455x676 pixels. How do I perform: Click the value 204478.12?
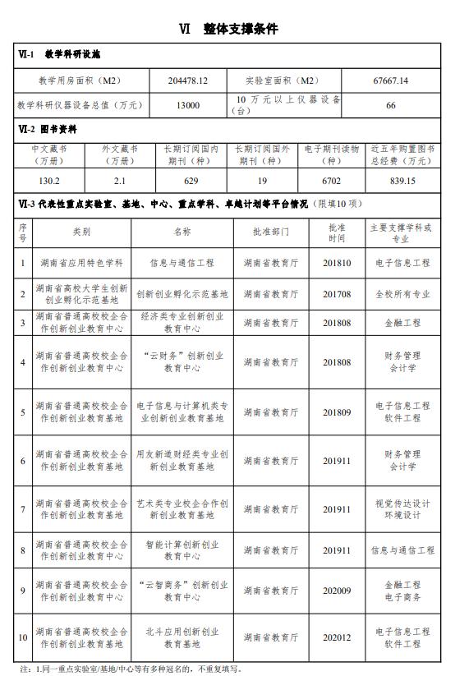pos(187,81)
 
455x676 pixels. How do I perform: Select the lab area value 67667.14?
pos(391,81)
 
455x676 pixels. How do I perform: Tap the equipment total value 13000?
pos(187,105)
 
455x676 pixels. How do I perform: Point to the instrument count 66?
pos(391,105)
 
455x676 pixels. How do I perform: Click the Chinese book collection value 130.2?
pos(49,181)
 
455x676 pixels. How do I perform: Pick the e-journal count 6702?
pos(332,181)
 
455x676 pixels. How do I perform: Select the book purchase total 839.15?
pos(402,181)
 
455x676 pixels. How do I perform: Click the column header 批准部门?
pos(271,232)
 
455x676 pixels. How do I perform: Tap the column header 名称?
pos(182,232)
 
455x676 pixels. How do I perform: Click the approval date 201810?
pos(337,263)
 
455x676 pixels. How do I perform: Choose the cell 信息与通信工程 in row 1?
pos(182,263)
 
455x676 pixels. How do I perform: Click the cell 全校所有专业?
pos(402,293)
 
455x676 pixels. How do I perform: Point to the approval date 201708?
pos(337,293)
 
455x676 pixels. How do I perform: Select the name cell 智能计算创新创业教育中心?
pos(182,550)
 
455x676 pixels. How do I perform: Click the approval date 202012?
pos(337,637)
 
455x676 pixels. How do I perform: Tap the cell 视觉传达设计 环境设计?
pos(402,509)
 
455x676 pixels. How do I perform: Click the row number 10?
pos(23,637)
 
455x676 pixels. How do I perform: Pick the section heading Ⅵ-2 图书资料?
pos(48,129)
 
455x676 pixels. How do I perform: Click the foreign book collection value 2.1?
pos(120,181)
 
